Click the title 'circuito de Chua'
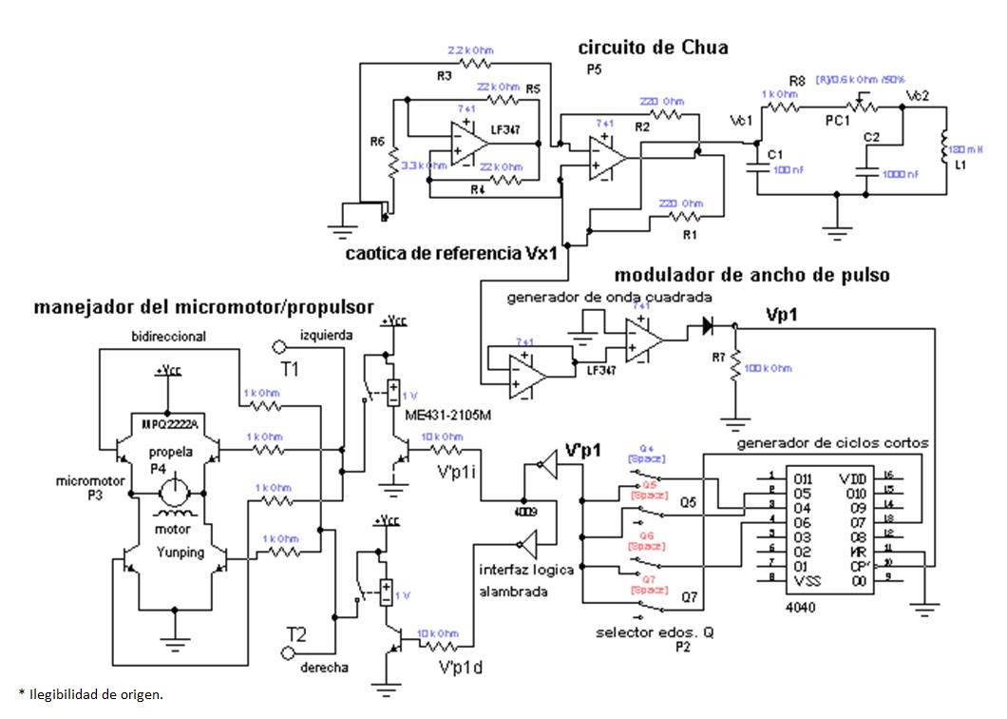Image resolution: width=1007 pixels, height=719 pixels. (x=654, y=47)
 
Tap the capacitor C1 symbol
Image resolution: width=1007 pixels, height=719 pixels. (x=757, y=168)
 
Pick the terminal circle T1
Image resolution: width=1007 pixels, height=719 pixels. (x=279, y=346)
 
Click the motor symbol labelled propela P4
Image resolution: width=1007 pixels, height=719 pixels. (x=173, y=493)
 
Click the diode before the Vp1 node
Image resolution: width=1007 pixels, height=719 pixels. (x=707, y=325)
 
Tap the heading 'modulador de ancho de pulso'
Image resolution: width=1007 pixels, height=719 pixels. (x=751, y=276)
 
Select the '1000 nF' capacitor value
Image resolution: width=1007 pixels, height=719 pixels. (x=900, y=174)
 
